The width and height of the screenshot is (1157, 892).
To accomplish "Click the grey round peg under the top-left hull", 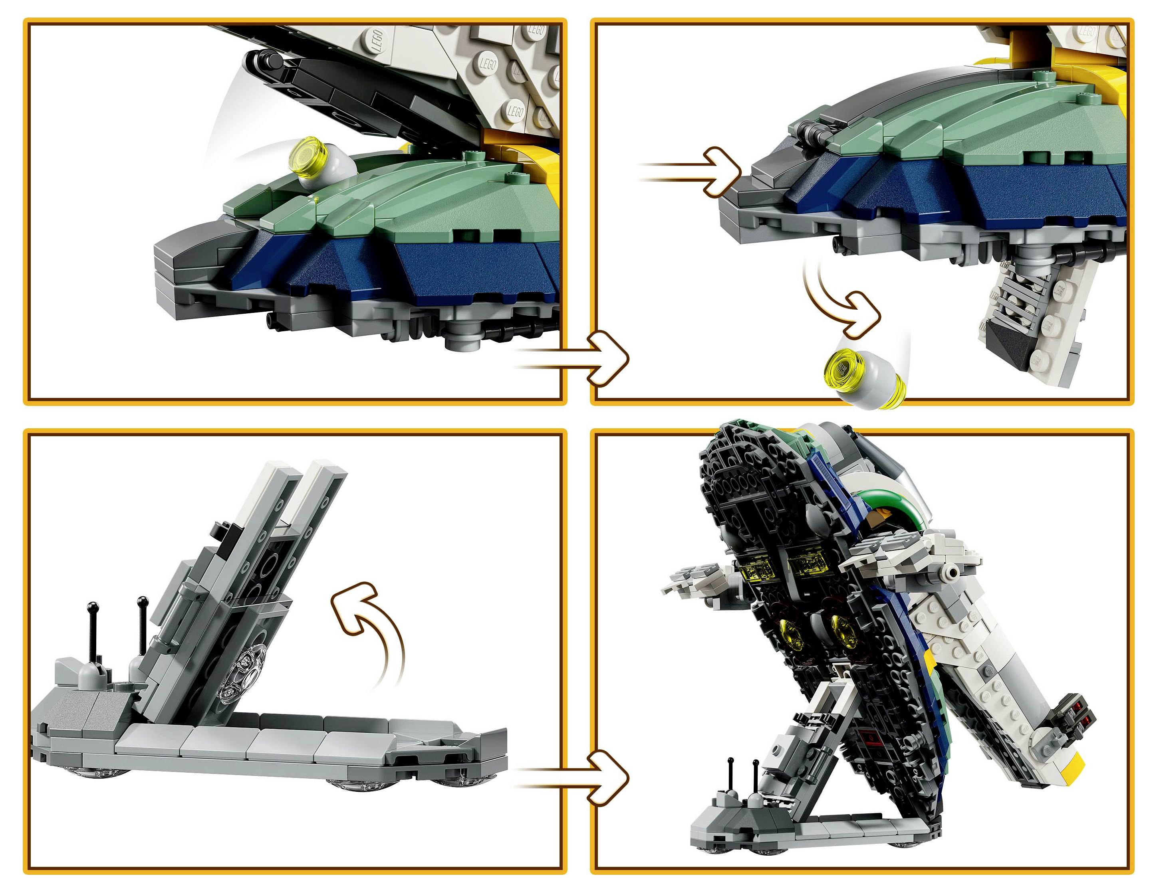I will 466,339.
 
